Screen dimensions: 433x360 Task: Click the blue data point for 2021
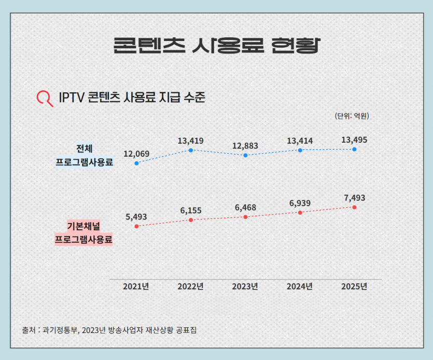click(x=136, y=163)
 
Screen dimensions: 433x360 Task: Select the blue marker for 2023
click(x=245, y=155)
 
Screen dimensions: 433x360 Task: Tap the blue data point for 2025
click(x=354, y=149)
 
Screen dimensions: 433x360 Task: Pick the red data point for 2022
click(x=191, y=220)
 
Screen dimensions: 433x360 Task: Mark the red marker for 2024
click(x=300, y=213)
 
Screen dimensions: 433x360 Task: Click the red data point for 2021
click(x=136, y=226)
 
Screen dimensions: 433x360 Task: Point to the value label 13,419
click(x=190, y=141)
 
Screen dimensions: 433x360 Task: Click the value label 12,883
click(x=245, y=146)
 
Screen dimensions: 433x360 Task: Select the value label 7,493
click(x=355, y=198)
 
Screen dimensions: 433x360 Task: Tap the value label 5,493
click(x=136, y=217)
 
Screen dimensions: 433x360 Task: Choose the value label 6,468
click(x=245, y=207)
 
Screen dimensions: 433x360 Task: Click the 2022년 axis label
click(x=190, y=286)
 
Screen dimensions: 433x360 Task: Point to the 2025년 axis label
click(x=354, y=286)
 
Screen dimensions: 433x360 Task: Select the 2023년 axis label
click(x=245, y=286)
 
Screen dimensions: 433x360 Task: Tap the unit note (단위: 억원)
click(x=352, y=116)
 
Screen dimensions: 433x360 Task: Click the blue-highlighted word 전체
click(x=84, y=149)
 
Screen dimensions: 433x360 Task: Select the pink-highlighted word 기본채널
click(x=83, y=226)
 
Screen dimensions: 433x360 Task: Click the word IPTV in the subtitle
click(x=72, y=97)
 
